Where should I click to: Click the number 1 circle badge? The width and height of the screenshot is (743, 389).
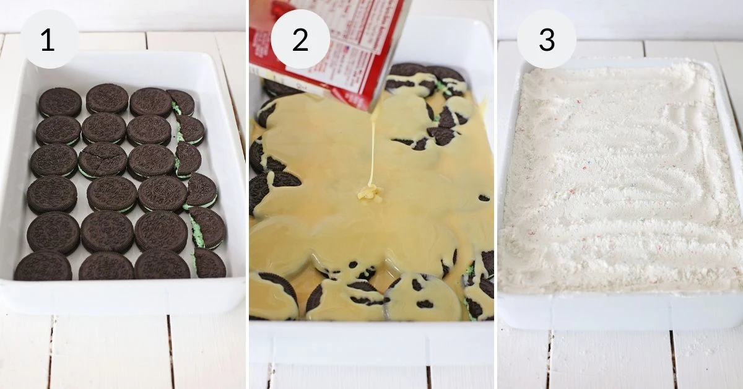(x=49, y=39)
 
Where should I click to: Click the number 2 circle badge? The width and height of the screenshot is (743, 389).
(x=300, y=39)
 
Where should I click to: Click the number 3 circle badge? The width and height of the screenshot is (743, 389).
(x=547, y=39)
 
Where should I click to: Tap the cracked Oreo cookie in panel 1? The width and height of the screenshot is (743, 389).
(x=103, y=160)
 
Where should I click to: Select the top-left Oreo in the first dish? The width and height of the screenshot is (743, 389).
(x=60, y=102)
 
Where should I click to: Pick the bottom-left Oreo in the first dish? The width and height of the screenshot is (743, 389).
(x=43, y=266)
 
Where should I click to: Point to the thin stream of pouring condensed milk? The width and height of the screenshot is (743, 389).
(x=372, y=149)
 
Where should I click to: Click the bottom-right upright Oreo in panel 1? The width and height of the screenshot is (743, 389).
(x=209, y=263)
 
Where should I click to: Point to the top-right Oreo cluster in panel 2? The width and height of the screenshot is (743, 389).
(x=427, y=77)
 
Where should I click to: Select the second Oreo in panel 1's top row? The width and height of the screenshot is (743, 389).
(x=107, y=98)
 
